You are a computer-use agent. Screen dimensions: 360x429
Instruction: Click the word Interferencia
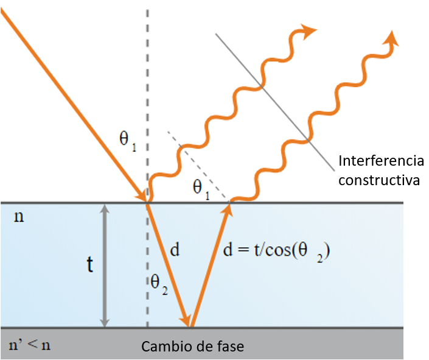381,161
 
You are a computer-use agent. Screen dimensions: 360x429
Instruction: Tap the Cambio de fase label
193,347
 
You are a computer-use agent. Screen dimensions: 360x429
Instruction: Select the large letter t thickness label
89,265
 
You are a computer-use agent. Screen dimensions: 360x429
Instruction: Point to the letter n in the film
19,217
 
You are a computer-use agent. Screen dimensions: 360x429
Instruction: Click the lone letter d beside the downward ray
175,250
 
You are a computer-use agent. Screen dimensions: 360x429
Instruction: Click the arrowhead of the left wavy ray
310,30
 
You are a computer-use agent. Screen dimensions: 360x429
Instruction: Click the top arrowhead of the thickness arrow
106,209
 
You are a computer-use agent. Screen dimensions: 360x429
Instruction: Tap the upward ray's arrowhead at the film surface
229,210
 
